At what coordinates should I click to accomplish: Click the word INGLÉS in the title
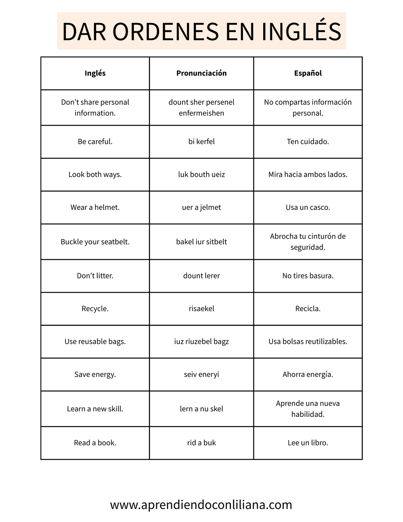tap(301, 32)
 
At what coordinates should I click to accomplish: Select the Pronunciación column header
tap(201, 73)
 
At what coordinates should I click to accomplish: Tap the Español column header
tap(308, 73)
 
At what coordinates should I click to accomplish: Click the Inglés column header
tap(95, 73)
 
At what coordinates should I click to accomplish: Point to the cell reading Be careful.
tap(95, 142)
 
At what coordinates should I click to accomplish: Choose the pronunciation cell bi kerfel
tap(201, 142)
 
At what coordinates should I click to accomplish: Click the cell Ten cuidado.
tap(308, 142)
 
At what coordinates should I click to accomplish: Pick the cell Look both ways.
tap(95, 174)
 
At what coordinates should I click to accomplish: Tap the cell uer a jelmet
tap(201, 207)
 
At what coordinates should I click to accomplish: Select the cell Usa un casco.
tap(308, 207)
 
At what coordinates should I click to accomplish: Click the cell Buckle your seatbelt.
tap(95, 242)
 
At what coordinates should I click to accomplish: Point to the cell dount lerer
tap(201, 276)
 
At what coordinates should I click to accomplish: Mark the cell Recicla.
tap(308, 309)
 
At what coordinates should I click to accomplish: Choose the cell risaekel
tap(201, 309)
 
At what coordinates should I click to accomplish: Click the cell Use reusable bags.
tap(95, 341)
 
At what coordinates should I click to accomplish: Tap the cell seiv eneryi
tap(201, 374)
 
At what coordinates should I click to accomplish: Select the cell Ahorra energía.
tap(308, 374)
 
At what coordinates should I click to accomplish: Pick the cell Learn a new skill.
tap(95, 409)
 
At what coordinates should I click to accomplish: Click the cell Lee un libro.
tap(308, 443)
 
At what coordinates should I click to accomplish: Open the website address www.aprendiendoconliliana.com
tap(201, 505)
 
